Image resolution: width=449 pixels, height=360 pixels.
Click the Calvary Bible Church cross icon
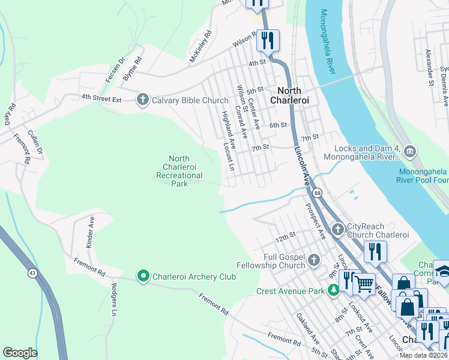pos(142,100)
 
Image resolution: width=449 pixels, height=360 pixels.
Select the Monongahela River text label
pos(328,41)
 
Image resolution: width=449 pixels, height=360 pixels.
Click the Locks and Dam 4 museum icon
pos(410,151)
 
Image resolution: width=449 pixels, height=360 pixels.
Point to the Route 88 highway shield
pos(316,193)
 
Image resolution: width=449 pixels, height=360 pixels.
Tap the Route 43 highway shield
pos(32,274)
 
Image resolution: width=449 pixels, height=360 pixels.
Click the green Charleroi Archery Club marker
pos(143,276)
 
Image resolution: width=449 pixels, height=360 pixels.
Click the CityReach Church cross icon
pos(337,229)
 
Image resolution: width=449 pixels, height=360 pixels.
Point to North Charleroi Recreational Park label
pos(179,170)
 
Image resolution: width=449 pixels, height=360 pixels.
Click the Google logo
pos(20,353)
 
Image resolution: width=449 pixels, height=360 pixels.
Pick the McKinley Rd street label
pos(201,46)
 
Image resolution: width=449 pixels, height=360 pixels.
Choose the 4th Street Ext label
pos(102,97)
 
